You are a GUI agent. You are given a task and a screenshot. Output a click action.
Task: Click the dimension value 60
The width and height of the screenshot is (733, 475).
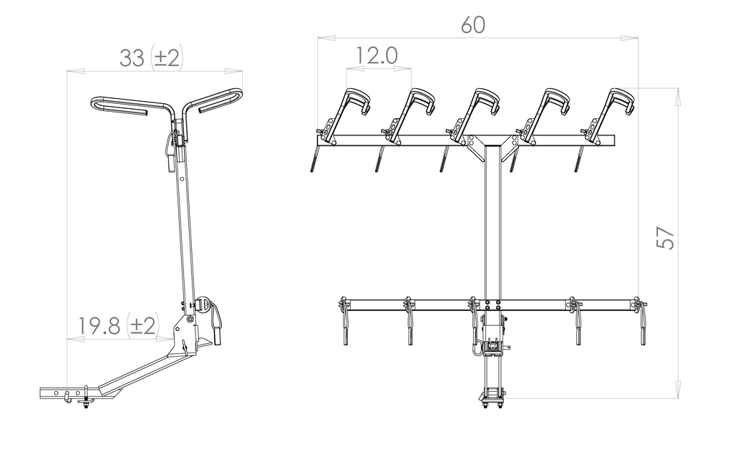coord(473,25)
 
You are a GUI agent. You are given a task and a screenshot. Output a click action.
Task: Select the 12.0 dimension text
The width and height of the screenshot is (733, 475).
coord(377,56)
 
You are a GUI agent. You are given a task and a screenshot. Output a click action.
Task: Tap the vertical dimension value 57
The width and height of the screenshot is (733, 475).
coord(666,238)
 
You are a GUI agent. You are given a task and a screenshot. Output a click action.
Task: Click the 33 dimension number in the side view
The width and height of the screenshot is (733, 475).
coord(132,59)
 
